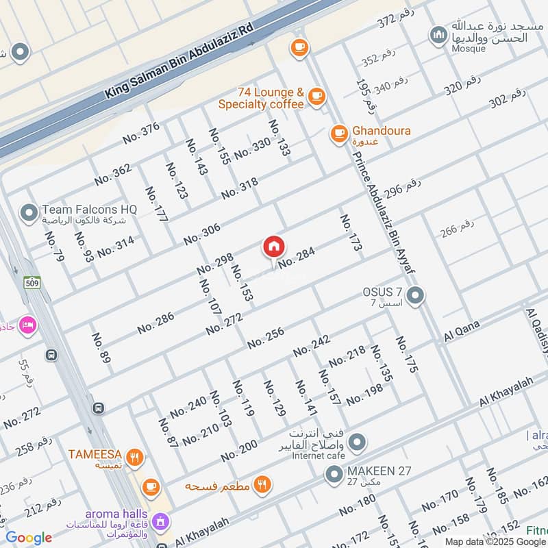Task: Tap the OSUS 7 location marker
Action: (414, 297)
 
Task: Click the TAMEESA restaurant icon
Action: (135, 457)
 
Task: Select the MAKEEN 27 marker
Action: (334, 474)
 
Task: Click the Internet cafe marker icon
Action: (356, 444)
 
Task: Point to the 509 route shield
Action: (32, 282)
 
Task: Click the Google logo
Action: (29, 538)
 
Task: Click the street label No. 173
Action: (350, 233)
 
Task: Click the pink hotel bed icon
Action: (27, 324)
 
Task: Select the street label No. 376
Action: (141, 132)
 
